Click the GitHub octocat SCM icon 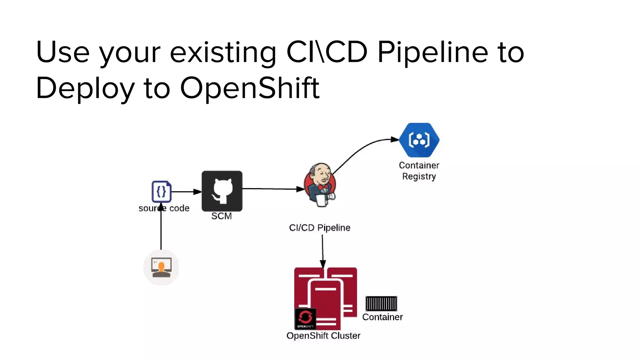[x=222, y=191]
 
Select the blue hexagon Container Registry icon [x=419, y=140]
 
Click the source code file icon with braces [x=161, y=191]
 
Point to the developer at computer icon [x=161, y=267]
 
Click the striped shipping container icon [x=381, y=303]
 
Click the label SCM [x=222, y=216]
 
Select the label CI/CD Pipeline [x=319, y=227]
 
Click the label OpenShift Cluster [x=323, y=336]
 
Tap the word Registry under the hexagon [x=419, y=176]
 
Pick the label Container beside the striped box [x=382, y=317]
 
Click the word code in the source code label [x=179, y=208]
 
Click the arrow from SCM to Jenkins [x=272, y=189]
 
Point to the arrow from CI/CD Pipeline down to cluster [x=322, y=250]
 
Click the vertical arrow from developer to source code [x=161, y=231]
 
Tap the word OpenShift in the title [x=249, y=88]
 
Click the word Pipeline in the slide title [x=432, y=52]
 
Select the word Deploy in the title [x=85, y=89]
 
